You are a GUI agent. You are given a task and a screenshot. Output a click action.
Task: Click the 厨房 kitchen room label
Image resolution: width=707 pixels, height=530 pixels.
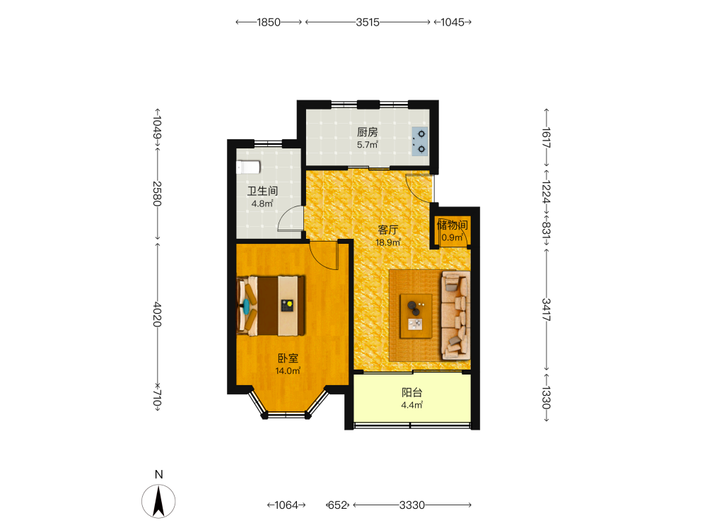[367, 132]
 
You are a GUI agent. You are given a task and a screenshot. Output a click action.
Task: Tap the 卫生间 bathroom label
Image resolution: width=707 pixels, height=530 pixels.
[262, 191]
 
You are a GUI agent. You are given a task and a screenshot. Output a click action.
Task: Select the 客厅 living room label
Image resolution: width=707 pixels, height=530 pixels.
[387, 230]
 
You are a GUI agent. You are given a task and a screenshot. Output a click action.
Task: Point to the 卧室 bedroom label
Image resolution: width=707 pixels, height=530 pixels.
[288, 358]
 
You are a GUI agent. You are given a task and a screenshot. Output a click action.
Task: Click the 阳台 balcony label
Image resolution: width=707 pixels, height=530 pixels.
[411, 392]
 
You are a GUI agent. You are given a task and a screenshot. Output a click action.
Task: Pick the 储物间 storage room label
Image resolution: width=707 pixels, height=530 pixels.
[452, 225]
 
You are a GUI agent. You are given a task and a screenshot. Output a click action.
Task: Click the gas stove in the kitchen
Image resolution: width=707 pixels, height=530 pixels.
[420, 141]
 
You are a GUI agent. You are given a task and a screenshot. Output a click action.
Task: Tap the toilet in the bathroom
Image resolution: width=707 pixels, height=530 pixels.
[248, 167]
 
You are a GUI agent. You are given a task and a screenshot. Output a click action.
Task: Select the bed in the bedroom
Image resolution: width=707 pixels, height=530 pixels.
[271, 305]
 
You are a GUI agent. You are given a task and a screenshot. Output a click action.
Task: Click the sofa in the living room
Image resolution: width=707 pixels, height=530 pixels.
[455, 315]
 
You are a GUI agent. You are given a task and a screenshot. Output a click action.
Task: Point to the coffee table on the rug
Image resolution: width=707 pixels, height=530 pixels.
[416, 316]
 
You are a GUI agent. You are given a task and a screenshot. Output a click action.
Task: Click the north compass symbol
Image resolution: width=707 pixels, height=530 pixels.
[158, 501]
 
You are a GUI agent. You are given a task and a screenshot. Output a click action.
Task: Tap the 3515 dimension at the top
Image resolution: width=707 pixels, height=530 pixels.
[368, 22]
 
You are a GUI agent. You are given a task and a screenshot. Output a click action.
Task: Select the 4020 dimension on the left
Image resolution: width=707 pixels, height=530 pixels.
[157, 314]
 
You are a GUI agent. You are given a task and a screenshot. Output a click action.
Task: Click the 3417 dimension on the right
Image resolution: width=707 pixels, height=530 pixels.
[546, 310]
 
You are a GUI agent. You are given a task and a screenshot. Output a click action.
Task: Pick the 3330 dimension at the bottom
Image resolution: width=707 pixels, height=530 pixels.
[411, 505]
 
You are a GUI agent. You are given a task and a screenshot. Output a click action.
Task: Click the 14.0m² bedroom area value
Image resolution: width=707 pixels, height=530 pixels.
[288, 371]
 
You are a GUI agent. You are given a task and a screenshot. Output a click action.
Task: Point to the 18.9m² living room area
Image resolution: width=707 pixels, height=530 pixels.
[387, 242]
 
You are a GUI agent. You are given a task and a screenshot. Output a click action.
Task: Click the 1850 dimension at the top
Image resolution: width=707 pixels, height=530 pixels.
[269, 22]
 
